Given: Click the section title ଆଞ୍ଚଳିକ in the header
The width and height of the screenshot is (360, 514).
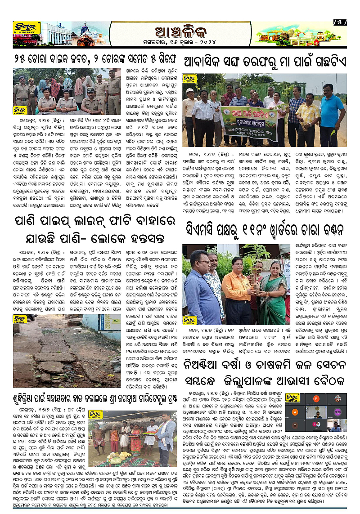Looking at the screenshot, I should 180,33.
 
